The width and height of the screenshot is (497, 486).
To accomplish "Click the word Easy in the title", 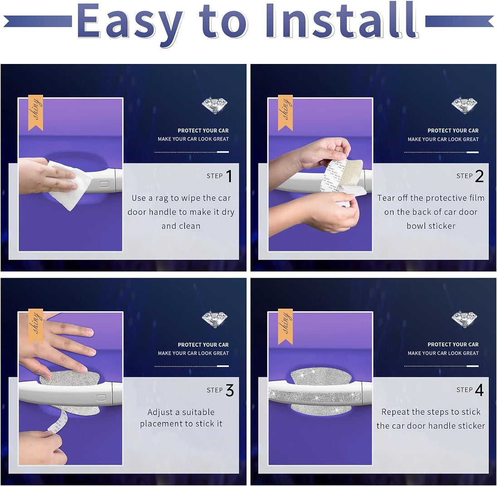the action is pos(130,24).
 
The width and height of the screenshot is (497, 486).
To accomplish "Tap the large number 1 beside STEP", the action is pos(229,176).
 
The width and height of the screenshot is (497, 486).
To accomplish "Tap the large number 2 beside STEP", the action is pos(479,176).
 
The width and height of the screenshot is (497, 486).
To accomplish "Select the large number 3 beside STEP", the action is pos(230,390).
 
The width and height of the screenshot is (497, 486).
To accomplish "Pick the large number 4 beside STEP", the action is pos(479,390).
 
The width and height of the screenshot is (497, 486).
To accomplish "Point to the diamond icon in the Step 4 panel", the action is pos(465,319).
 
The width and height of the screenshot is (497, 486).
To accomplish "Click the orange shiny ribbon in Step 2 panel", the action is pos(285,113).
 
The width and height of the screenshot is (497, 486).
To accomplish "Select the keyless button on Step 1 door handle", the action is pos(104,184).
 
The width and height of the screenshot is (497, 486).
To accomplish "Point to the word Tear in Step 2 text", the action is pos(386,198).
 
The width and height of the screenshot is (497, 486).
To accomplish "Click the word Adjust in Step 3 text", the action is pos(160,412).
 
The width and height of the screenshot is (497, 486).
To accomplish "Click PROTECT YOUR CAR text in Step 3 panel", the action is pos(203,345).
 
